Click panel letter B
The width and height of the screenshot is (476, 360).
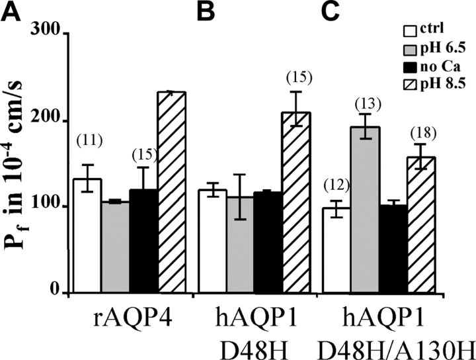tap(204, 12)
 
